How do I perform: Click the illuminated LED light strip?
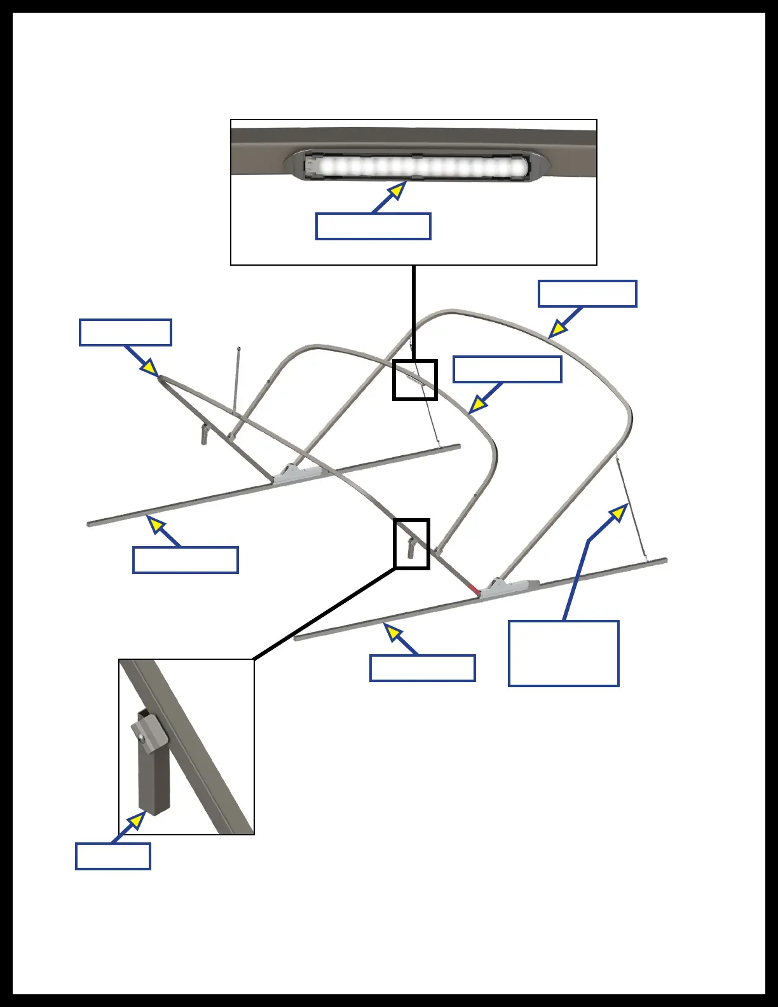(x=416, y=167)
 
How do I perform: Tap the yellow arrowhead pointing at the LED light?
(x=397, y=191)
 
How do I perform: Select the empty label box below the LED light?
(x=373, y=226)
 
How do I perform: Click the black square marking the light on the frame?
(x=414, y=380)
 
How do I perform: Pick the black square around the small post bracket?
(x=411, y=544)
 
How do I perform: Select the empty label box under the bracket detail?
(x=113, y=856)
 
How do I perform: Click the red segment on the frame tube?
(x=473, y=588)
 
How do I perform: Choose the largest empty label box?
(x=563, y=654)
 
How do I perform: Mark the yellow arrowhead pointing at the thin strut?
(x=619, y=512)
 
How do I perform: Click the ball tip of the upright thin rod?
(x=238, y=348)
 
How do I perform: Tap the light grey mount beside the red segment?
(x=508, y=588)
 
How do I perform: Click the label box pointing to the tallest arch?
(x=587, y=294)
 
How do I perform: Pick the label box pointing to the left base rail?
(x=185, y=560)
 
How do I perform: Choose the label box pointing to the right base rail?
(x=422, y=668)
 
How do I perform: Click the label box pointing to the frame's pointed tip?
(x=125, y=332)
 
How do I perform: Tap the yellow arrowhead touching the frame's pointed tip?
(x=149, y=367)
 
